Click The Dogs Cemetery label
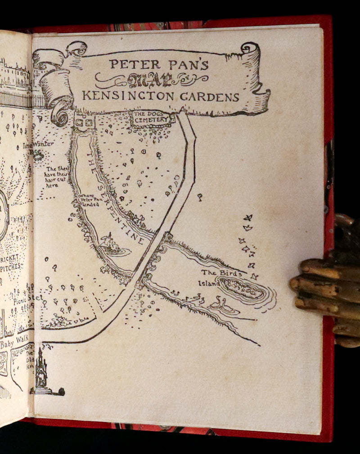[152, 119]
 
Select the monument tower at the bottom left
[41, 372]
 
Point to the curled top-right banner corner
[250, 48]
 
